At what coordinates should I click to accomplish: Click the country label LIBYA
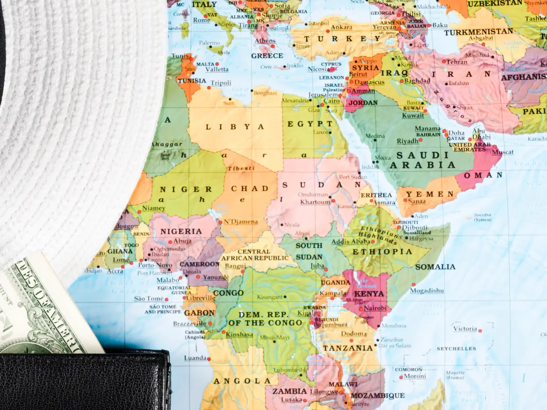[235, 127]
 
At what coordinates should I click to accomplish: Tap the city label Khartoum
[315, 202]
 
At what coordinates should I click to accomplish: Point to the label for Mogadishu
[427, 291]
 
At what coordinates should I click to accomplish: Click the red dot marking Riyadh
[421, 140]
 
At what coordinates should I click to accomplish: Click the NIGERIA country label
[181, 231]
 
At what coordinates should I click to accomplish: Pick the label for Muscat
[503, 152]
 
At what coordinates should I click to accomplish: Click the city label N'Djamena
[241, 222]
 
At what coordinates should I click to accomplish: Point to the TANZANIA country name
[348, 348]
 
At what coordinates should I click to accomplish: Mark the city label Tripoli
[221, 83]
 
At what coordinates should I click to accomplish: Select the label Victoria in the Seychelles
[465, 328]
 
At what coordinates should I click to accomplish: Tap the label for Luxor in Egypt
[321, 133]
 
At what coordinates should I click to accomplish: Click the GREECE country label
[267, 56]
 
